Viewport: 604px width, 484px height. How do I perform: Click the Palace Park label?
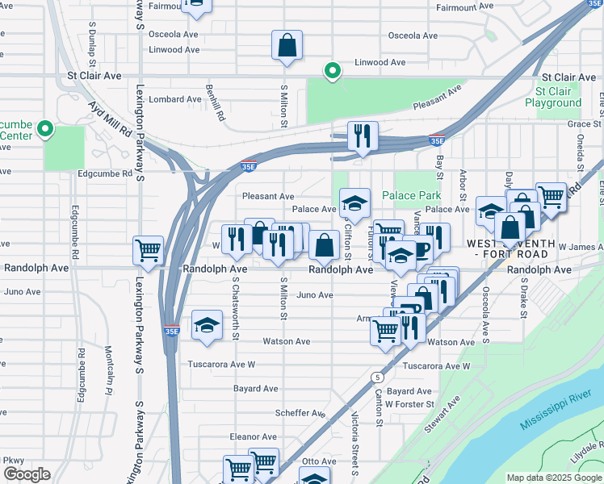coord(411,195)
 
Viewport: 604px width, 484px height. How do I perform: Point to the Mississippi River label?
coord(556,411)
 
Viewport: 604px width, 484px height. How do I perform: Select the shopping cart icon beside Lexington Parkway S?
coord(148,250)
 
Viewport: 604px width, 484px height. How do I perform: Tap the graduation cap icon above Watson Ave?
coord(208,327)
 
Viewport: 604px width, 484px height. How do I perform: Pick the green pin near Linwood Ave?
coord(331,72)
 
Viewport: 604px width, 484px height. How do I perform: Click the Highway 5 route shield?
coord(376,377)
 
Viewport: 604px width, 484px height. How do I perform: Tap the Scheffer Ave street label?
coord(299,412)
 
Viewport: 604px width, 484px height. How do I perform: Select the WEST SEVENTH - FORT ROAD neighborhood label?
coord(510,248)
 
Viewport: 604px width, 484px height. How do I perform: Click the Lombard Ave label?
coord(176,99)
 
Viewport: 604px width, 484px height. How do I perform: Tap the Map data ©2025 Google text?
coord(555,478)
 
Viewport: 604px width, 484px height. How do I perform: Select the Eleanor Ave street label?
coord(254,436)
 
